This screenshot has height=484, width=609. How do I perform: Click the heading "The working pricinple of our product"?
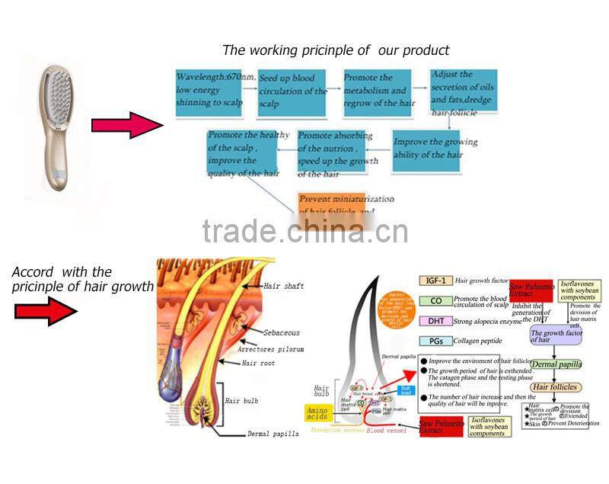pyautogui.click(x=336, y=50)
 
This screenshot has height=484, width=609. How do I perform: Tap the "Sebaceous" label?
pyautogui.click(x=282, y=333)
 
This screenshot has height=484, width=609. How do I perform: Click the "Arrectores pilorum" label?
pyautogui.click(x=270, y=349)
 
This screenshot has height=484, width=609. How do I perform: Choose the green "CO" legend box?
pyautogui.click(x=436, y=300)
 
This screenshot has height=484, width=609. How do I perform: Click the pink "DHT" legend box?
pyautogui.click(x=436, y=321)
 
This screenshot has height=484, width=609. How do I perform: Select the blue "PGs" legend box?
pyautogui.click(x=436, y=341)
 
